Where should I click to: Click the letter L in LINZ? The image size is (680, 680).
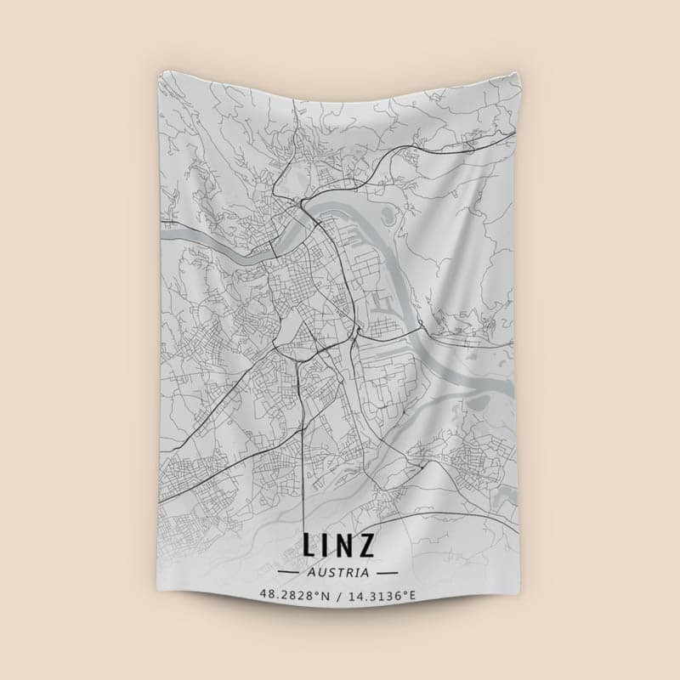point(309,545)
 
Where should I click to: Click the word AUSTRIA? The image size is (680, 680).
point(339,573)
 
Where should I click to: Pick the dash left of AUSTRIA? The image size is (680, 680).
point(292,573)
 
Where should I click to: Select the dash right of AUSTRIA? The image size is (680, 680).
point(388,573)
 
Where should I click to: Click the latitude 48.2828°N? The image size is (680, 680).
point(295,595)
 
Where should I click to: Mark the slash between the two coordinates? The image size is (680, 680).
point(339,595)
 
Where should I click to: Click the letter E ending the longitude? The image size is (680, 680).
point(413,595)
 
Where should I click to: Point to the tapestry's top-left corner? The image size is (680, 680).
point(159,72)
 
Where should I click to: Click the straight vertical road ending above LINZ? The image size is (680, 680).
point(304,476)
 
